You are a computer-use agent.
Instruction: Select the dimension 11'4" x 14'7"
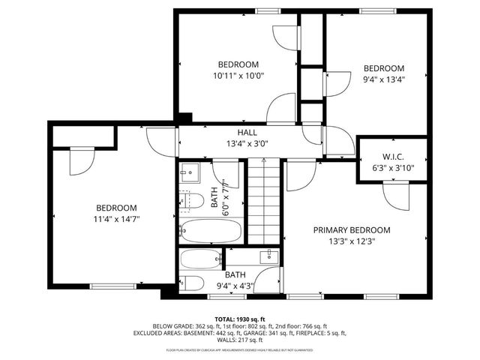(x=116, y=219)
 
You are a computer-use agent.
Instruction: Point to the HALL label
(x=247, y=133)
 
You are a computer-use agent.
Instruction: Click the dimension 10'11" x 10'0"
(x=238, y=76)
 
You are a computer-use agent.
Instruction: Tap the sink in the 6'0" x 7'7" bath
(x=190, y=172)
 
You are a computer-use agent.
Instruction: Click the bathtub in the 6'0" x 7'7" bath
(x=211, y=230)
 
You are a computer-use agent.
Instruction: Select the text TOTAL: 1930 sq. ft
(x=240, y=319)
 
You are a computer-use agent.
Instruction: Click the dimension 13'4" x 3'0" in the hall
(x=247, y=144)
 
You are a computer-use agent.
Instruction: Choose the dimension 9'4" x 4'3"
(x=235, y=285)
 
